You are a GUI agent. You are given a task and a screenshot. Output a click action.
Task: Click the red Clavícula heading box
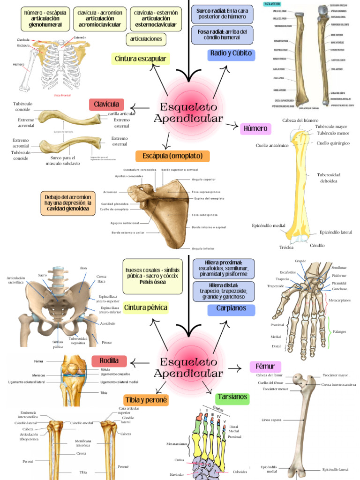point(106,104)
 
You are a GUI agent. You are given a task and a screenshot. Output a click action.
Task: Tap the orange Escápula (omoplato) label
point(172,156)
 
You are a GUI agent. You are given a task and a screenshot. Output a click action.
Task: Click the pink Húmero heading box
point(255,128)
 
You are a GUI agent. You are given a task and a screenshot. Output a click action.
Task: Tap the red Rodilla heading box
point(112,361)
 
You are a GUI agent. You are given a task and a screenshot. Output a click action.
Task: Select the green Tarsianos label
point(232,397)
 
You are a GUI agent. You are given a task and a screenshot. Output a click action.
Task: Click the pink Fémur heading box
point(265,367)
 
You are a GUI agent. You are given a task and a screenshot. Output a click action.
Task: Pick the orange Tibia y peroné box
point(146,400)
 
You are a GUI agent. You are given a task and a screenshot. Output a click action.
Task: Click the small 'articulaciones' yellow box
point(146,39)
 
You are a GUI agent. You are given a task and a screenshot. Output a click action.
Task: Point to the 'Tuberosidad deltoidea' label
point(330,178)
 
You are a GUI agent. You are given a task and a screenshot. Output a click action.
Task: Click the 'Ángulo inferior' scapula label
point(203,248)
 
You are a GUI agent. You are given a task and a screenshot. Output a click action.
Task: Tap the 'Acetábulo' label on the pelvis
point(108,323)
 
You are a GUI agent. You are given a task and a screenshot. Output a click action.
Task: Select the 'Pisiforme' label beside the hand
point(339,276)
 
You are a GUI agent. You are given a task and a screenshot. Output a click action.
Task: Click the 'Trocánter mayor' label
point(336,375)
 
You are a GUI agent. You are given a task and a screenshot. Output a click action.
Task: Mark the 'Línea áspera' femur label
point(271,420)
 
